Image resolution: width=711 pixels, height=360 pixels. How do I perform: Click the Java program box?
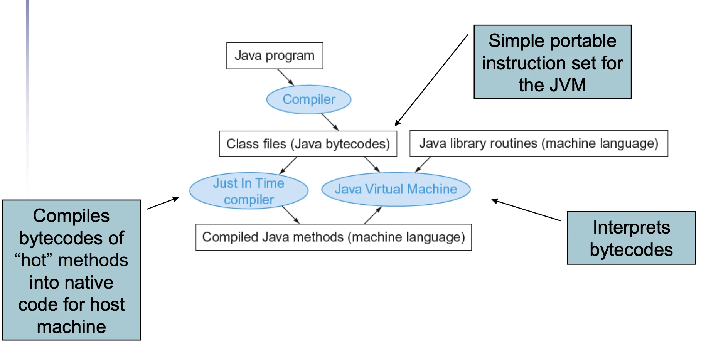[x=275, y=56]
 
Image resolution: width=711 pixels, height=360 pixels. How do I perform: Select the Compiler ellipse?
[x=309, y=99]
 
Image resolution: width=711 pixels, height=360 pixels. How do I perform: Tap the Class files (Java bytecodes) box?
[x=308, y=144]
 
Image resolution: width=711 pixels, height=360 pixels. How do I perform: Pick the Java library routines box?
[x=539, y=143]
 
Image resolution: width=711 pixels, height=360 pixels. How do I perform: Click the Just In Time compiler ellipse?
[x=249, y=191]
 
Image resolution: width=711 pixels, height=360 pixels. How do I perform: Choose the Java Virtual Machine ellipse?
[x=396, y=189]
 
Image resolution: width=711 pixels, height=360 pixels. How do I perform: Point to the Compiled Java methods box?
[x=334, y=237]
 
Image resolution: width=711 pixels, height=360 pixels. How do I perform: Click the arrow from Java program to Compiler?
[x=286, y=77]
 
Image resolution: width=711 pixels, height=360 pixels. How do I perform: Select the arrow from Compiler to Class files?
[x=330, y=122]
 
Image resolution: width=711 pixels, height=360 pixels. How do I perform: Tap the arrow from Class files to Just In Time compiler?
[x=288, y=165]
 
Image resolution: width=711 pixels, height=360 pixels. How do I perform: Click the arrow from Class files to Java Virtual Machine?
[x=372, y=165]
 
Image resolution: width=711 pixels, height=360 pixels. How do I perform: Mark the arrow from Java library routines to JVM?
[x=423, y=165]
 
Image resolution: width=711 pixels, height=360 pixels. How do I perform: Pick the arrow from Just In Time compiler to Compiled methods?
[x=291, y=215]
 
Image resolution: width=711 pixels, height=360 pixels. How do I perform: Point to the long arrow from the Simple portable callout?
[x=431, y=80]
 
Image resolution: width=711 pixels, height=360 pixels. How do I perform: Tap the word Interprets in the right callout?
[x=631, y=227]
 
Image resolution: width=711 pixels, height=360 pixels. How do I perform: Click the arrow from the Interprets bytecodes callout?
[x=526, y=210]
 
